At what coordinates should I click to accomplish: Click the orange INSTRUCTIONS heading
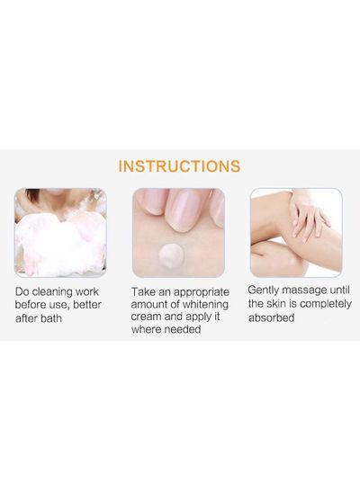click(x=180, y=166)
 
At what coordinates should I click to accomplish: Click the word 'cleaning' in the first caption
click(x=60, y=292)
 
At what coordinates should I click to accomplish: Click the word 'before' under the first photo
click(x=33, y=305)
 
